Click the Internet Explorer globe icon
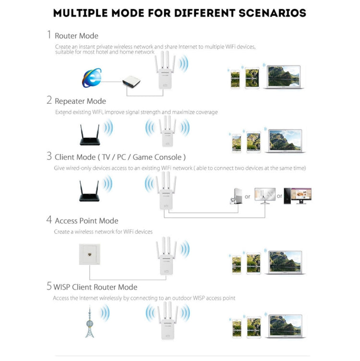coord(92,78)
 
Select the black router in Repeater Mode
coord(90,135)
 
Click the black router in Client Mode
coord(89,192)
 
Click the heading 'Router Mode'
coord(76,36)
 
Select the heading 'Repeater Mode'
coord(80,101)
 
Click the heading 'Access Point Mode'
coord(86,221)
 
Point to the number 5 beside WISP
coord(49,287)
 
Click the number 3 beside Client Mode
coord(49,156)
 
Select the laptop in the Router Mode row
coord(283,77)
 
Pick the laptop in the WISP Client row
coord(285,326)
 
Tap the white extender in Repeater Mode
coord(166,133)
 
